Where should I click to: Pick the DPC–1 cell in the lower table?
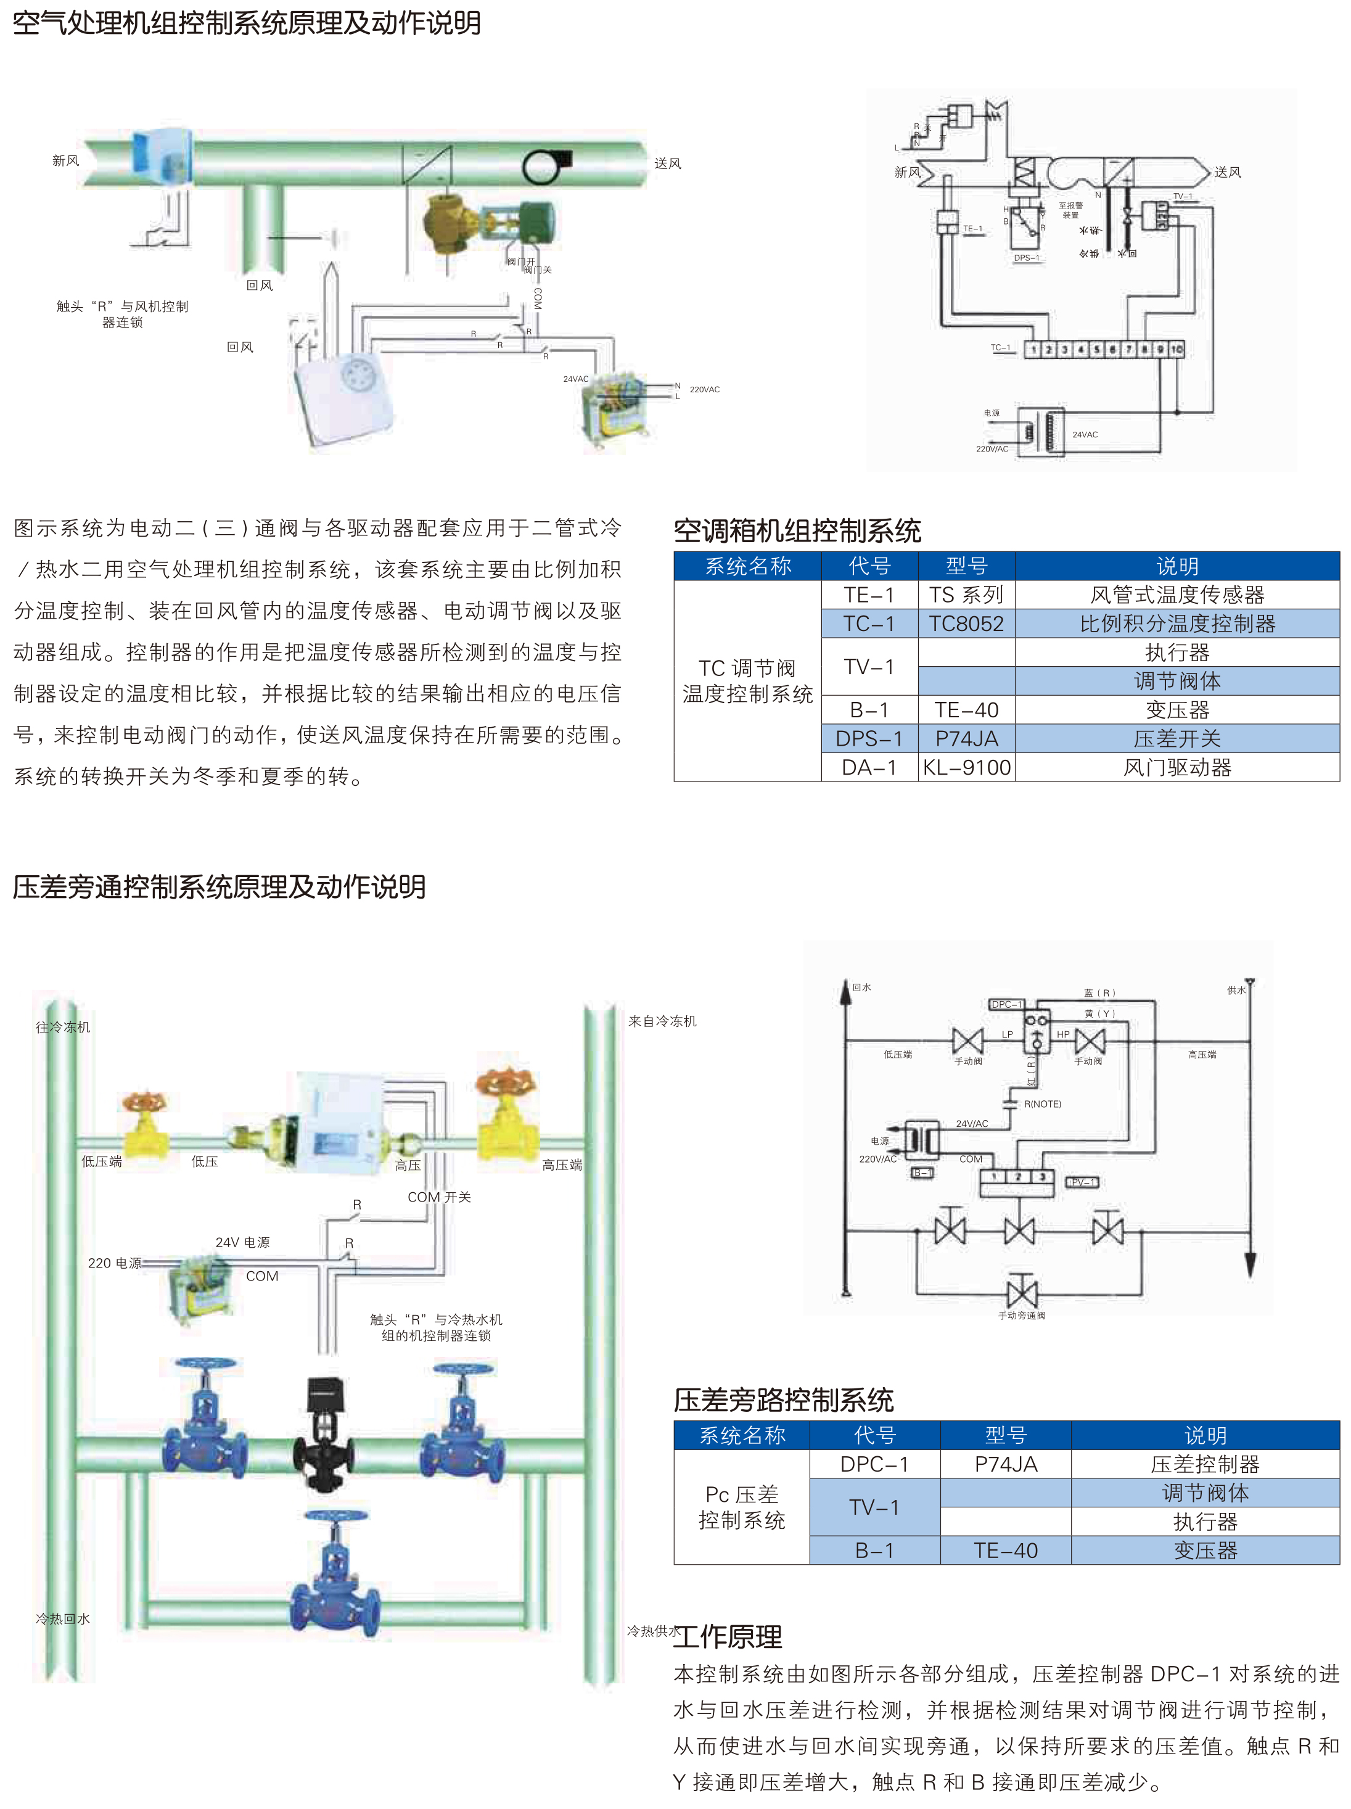(874, 1464)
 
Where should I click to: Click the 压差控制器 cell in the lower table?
(1205, 1464)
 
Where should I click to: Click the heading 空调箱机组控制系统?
(797, 532)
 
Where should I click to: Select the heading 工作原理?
(728, 1636)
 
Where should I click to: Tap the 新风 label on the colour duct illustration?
(65, 160)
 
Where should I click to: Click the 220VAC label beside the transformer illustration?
(704, 389)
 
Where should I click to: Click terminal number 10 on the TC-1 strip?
(1176, 349)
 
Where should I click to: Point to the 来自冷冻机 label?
(662, 1021)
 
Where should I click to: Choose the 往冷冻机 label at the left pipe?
(63, 1027)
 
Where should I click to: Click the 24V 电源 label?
(242, 1242)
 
